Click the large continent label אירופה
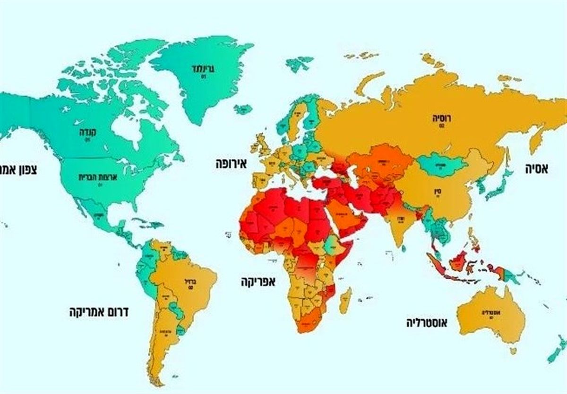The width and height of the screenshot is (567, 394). [x=232, y=165]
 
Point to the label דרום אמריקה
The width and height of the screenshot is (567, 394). [x=99, y=312]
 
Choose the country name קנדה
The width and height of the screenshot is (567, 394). [x=88, y=132]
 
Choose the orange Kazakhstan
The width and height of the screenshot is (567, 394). [x=378, y=163]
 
